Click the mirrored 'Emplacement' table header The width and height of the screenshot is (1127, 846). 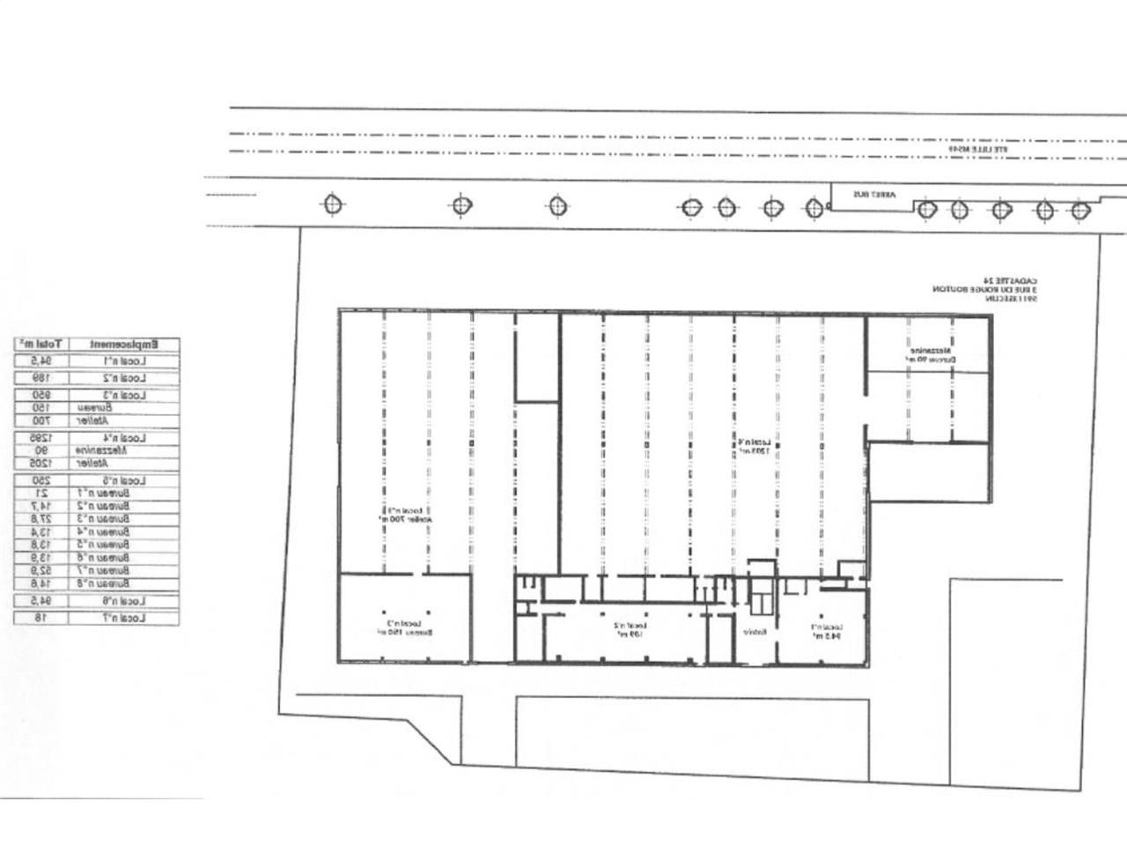tap(125, 343)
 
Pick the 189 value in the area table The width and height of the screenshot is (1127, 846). tap(38, 378)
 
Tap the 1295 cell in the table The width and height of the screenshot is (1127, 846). tap(38, 437)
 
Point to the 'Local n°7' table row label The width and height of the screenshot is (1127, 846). tap(125, 618)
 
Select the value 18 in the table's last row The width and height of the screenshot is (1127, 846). tap(38, 618)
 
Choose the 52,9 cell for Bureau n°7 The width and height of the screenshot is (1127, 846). tap(38, 570)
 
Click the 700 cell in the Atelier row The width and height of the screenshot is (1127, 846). tap(38, 420)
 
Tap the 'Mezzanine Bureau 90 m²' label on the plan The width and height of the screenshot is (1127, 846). tap(925, 355)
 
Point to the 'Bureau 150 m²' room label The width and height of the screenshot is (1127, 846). tap(403, 628)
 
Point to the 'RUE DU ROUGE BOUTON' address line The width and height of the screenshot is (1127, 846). tap(987, 289)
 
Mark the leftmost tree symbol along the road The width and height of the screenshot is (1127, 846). tap(332, 204)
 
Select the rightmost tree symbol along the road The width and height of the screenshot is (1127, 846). tap(1080, 211)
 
